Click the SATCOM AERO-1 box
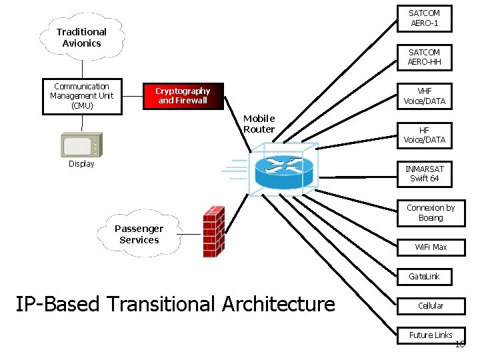point(424,18)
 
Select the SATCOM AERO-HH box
point(424,57)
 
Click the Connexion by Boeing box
point(431,213)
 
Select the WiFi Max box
point(431,247)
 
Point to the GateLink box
point(424,276)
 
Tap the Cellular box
point(431,305)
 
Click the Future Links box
point(431,335)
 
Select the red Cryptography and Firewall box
point(183,96)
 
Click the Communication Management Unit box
point(82,96)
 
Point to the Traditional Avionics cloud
point(81,37)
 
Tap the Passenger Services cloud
point(139,234)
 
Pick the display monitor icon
point(80,145)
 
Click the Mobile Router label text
point(259,124)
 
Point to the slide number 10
point(459,344)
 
